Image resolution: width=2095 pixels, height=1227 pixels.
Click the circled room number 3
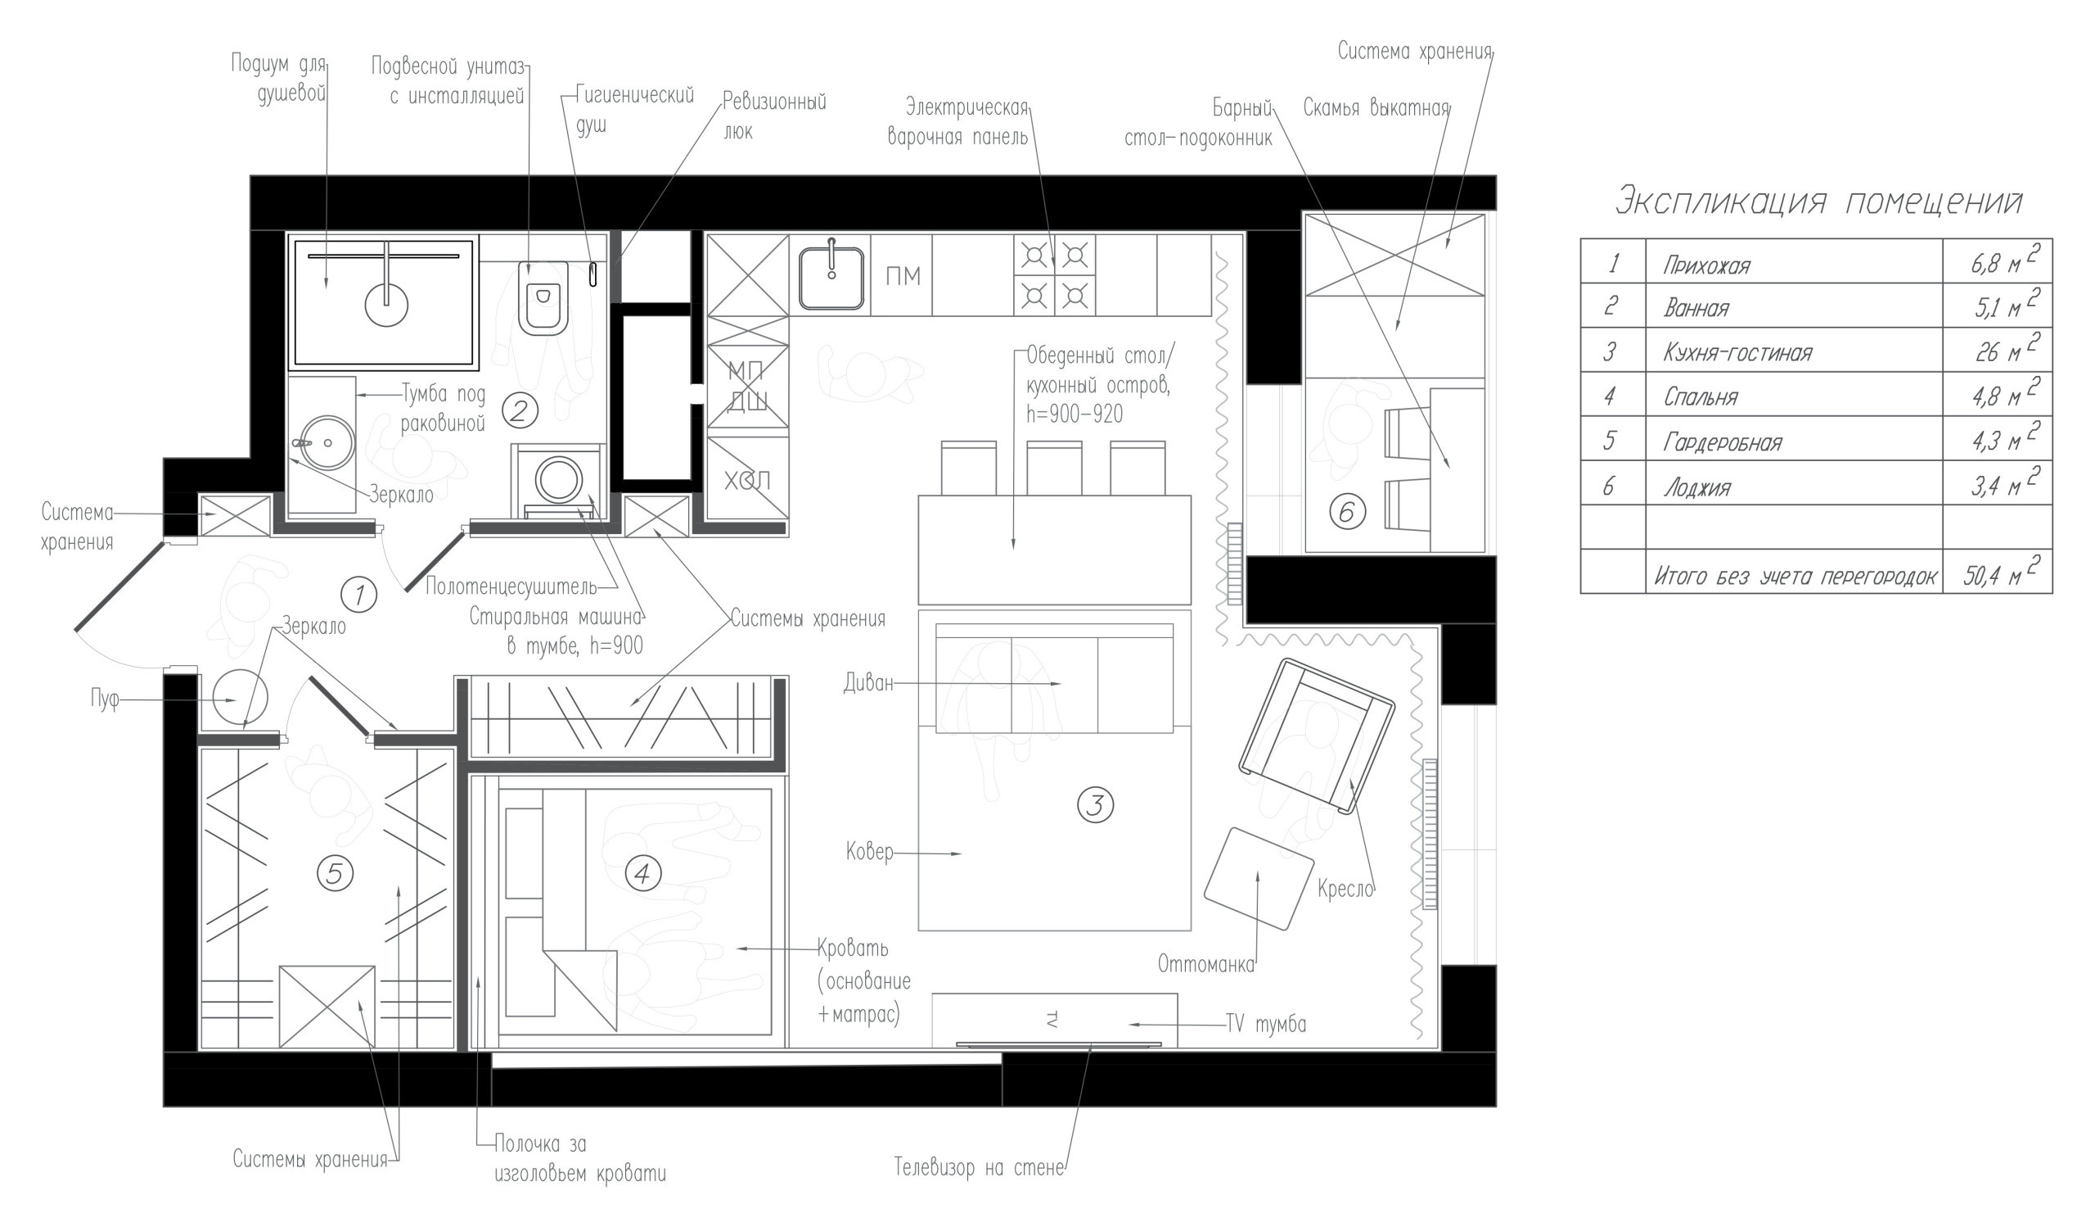[1094, 805]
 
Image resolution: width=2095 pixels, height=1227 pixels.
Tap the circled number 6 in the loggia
[1347, 512]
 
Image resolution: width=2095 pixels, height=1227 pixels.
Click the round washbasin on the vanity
[327, 443]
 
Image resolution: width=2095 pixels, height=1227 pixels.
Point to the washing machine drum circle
[559, 479]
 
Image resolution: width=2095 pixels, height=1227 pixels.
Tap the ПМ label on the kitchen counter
[902, 276]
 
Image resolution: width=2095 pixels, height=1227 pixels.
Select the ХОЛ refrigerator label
[746, 480]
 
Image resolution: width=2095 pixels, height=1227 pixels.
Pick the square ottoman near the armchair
[1259, 878]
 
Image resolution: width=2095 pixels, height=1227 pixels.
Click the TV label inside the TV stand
[1051, 1019]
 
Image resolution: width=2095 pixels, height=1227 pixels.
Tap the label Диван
[868, 683]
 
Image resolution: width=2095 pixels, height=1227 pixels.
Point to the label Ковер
[870, 852]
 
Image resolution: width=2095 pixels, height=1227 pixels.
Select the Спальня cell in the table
[1700, 396]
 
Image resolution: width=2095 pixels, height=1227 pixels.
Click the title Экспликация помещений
[1818, 202]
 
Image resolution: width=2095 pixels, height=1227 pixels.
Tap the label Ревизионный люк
[773, 116]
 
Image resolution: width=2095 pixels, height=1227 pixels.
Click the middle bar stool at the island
[1053, 469]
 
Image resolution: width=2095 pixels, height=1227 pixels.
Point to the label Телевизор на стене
[979, 1168]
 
